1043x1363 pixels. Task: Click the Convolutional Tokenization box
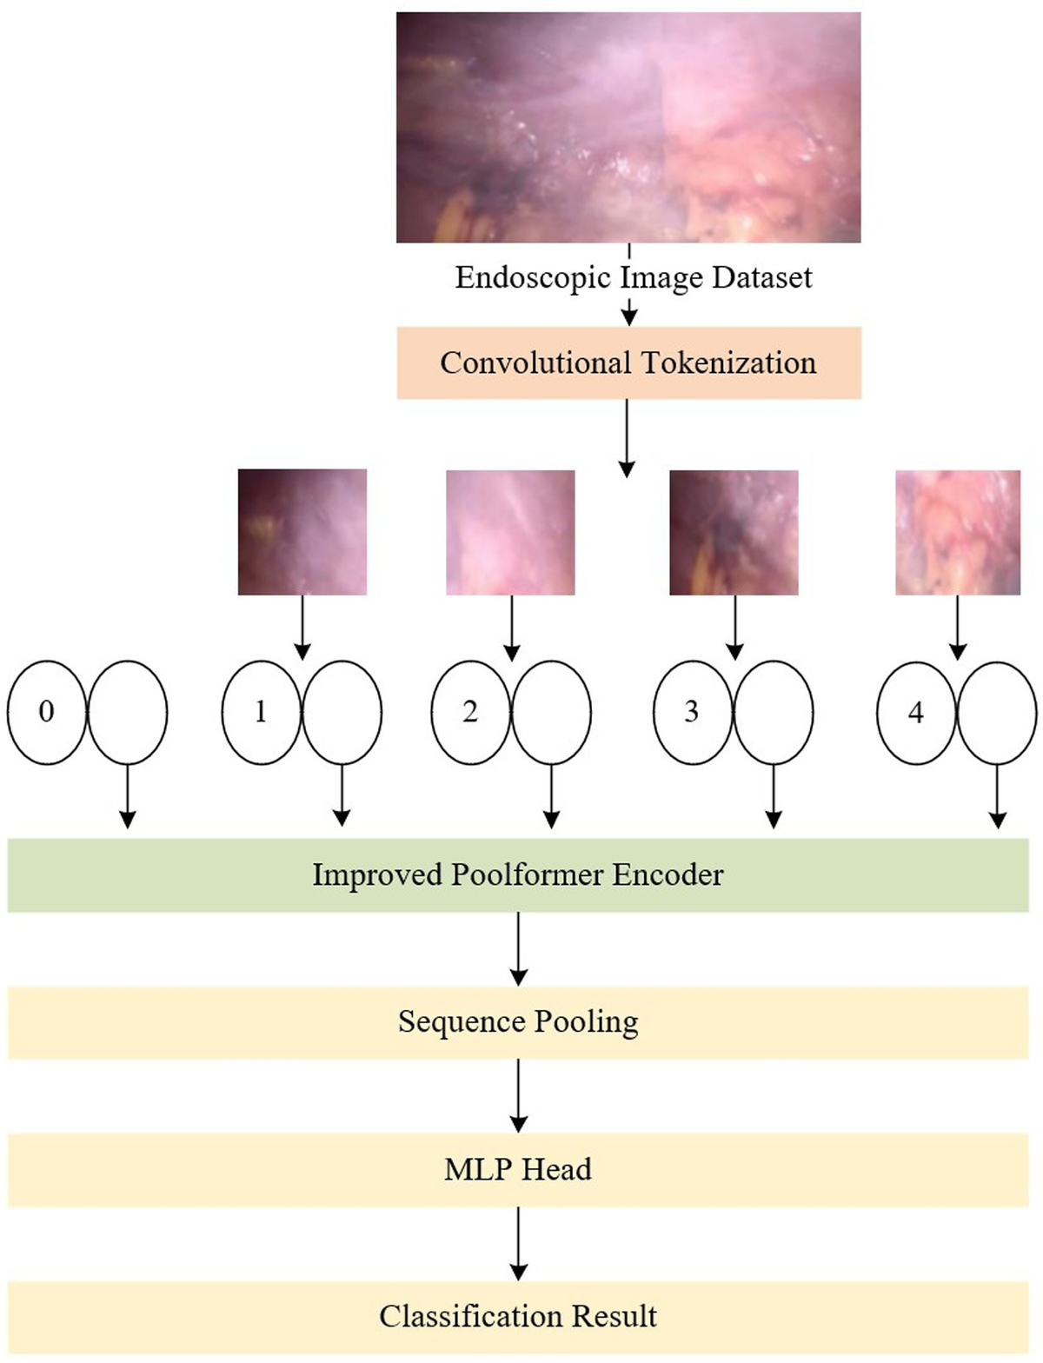click(x=628, y=362)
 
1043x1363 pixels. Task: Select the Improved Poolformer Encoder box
click(x=518, y=874)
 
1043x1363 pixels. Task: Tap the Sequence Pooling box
click(x=518, y=1022)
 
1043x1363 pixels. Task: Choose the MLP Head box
click(x=518, y=1169)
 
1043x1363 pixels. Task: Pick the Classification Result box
click(x=518, y=1316)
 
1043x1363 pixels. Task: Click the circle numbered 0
click(x=47, y=712)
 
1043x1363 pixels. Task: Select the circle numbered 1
click(x=261, y=712)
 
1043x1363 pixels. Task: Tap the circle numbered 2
click(x=470, y=712)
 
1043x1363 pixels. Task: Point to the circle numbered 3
click(x=692, y=712)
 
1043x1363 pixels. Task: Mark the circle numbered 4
click(x=915, y=713)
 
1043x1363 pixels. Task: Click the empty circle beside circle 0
click(x=128, y=712)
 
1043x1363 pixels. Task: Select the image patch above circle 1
click(x=302, y=532)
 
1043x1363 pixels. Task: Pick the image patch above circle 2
click(x=510, y=532)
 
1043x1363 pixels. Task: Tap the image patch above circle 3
click(x=734, y=532)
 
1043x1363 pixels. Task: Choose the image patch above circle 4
click(x=958, y=532)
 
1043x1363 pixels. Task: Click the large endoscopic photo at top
click(x=628, y=127)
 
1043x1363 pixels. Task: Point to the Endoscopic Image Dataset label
click(x=633, y=277)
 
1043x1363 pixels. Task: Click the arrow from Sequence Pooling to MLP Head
click(x=518, y=1095)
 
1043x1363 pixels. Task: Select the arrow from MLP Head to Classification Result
click(x=518, y=1243)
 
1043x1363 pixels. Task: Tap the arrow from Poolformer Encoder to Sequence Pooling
click(x=518, y=948)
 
